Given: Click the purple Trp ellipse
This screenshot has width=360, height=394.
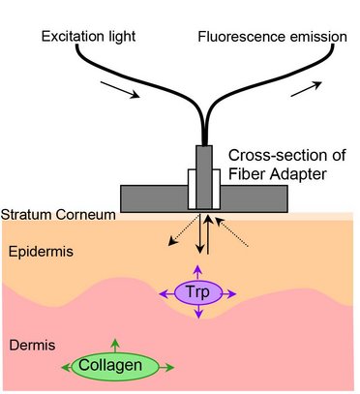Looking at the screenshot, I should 197,291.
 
